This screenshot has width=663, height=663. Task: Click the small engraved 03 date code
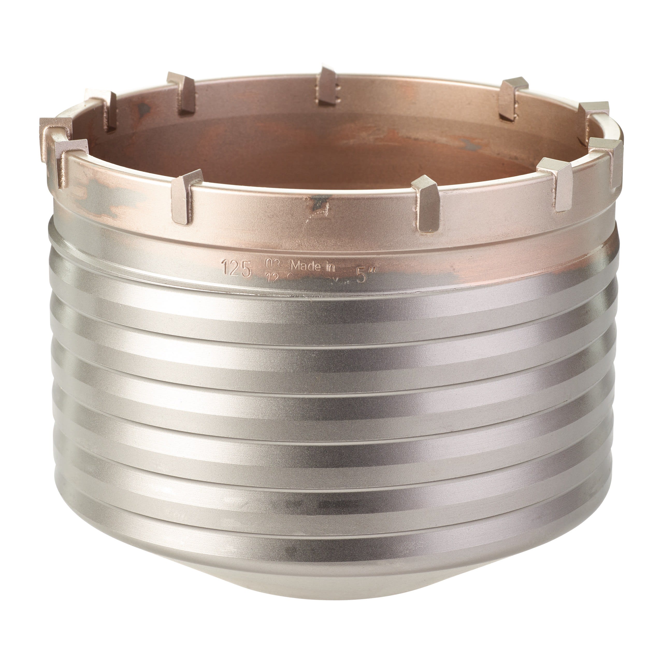coord(273,264)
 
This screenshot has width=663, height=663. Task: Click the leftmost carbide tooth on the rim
coord(55,135)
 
